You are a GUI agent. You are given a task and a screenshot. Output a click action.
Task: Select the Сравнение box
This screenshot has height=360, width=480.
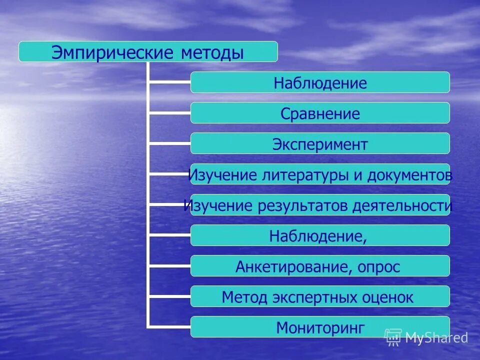point(320,113)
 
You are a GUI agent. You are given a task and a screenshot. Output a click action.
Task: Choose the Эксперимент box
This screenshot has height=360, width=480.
point(320,144)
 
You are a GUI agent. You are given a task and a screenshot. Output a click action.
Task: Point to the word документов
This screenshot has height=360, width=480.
point(410,175)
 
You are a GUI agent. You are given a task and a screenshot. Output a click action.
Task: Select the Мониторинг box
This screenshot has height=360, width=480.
point(320,328)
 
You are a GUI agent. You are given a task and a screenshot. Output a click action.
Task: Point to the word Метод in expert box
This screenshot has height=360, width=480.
point(244,297)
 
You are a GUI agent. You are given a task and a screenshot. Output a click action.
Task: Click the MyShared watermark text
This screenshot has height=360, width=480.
point(436,338)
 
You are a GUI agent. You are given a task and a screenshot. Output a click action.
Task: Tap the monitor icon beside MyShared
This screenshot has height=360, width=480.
point(393,337)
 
